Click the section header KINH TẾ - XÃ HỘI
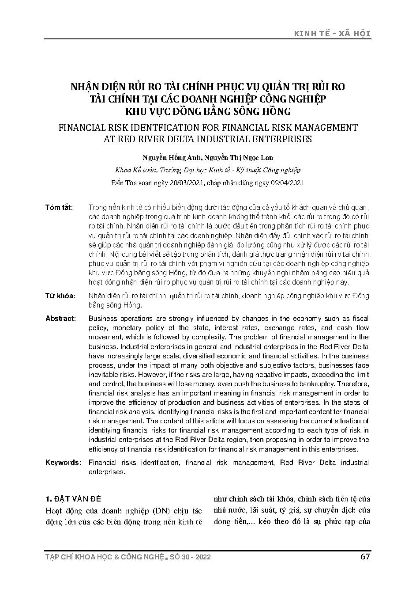pos(333,34)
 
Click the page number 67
pos(365,556)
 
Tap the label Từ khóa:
pos(60,296)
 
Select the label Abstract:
pos(60,319)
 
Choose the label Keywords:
pos(63,463)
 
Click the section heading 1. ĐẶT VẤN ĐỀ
pos(73,499)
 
